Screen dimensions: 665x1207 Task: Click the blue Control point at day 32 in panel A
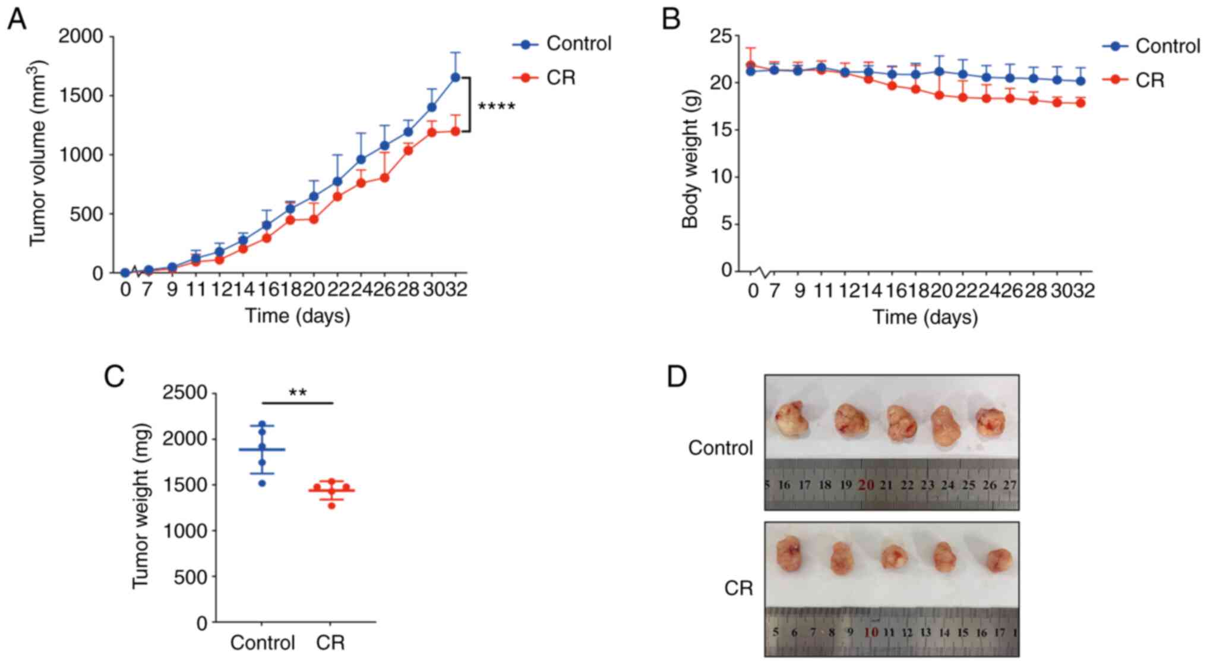(x=456, y=77)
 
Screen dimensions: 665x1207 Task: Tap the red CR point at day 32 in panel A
(x=456, y=131)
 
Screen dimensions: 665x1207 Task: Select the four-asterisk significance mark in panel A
(x=496, y=108)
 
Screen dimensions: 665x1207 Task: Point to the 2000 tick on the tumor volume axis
(x=81, y=37)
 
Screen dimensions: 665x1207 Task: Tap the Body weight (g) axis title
(x=690, y=159)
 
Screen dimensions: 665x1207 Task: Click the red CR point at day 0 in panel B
(x=750, y=65)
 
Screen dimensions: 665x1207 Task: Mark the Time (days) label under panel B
(x=924, y=317)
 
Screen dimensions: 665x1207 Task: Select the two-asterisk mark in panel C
(x=298, y=393)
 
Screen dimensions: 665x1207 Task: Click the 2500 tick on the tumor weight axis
(x=185, y=393)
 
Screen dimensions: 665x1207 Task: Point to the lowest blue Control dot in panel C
(x=262, y=483)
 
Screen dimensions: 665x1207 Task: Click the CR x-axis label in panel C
(x=330, y=642)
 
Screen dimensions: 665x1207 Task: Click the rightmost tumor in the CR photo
(x=999, y=560)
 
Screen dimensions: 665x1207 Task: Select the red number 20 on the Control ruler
(x=866, y=485)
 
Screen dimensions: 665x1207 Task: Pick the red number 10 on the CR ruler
(x=871, y=632)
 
